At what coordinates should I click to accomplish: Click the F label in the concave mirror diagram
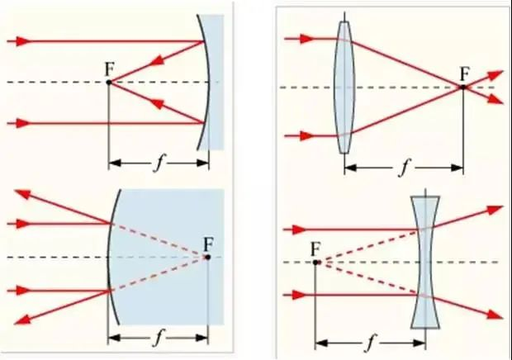[x=109, y=69]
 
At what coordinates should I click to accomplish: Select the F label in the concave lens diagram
[x=315, y=249]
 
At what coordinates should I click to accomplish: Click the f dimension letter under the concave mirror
[x=158, y=162]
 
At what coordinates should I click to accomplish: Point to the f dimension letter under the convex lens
[x=403, y=168]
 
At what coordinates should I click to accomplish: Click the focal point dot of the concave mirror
[x=109, y=82]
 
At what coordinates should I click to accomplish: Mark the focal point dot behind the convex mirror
[x=207, y=258]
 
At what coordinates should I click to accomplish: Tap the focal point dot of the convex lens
[x=462, y=86]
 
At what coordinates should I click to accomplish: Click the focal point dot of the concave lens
[x=316, y=263]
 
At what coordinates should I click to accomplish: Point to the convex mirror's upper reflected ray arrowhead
[x=24, y=194]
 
